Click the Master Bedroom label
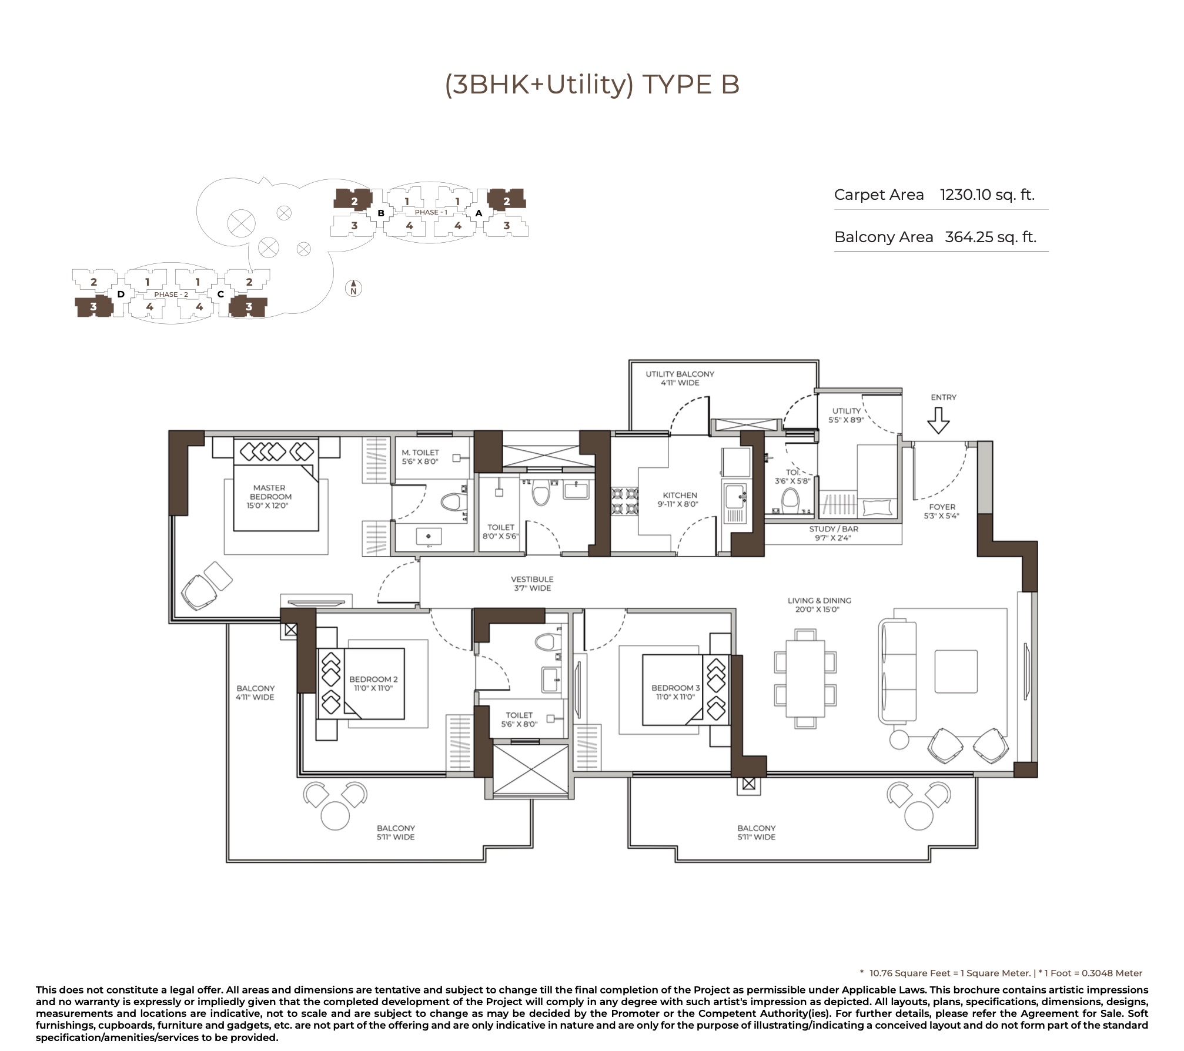coord(270,496)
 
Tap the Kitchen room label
coord(680,499)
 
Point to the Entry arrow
coord(938,420)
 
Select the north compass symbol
coord(353,288)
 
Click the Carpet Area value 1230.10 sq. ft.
coord(987,195)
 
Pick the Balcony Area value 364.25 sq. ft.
coord(991,237)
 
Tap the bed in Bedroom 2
coord(361,684)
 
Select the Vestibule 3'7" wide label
coord(532,583)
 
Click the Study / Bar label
coord(833,533)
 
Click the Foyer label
coord(942,511)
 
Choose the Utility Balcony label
coord(680,378)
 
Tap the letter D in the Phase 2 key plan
coord(121,294)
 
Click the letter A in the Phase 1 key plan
coord(479,213)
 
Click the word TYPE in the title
coord(674,85)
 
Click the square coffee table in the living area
coord(956,671)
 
